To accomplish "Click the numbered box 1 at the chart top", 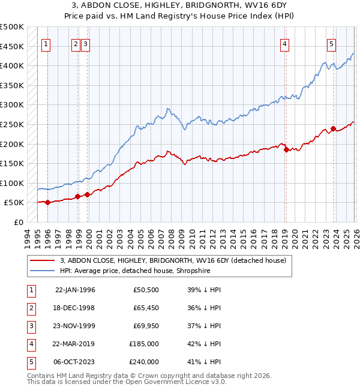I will click(x=47, y=43).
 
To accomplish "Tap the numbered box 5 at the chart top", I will click(x=331, y=43).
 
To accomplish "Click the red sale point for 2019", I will click(x=286, y=150).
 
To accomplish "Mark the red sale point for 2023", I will click(x=333, y=128).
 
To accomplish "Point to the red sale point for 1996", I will click(x=47, y=202).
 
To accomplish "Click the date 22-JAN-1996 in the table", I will click(x=75, y=290).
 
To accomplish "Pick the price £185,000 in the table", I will click(x=144, y=345).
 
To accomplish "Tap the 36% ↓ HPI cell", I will click(x=204, y=308).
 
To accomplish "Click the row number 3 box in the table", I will click(x=30, y=326).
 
